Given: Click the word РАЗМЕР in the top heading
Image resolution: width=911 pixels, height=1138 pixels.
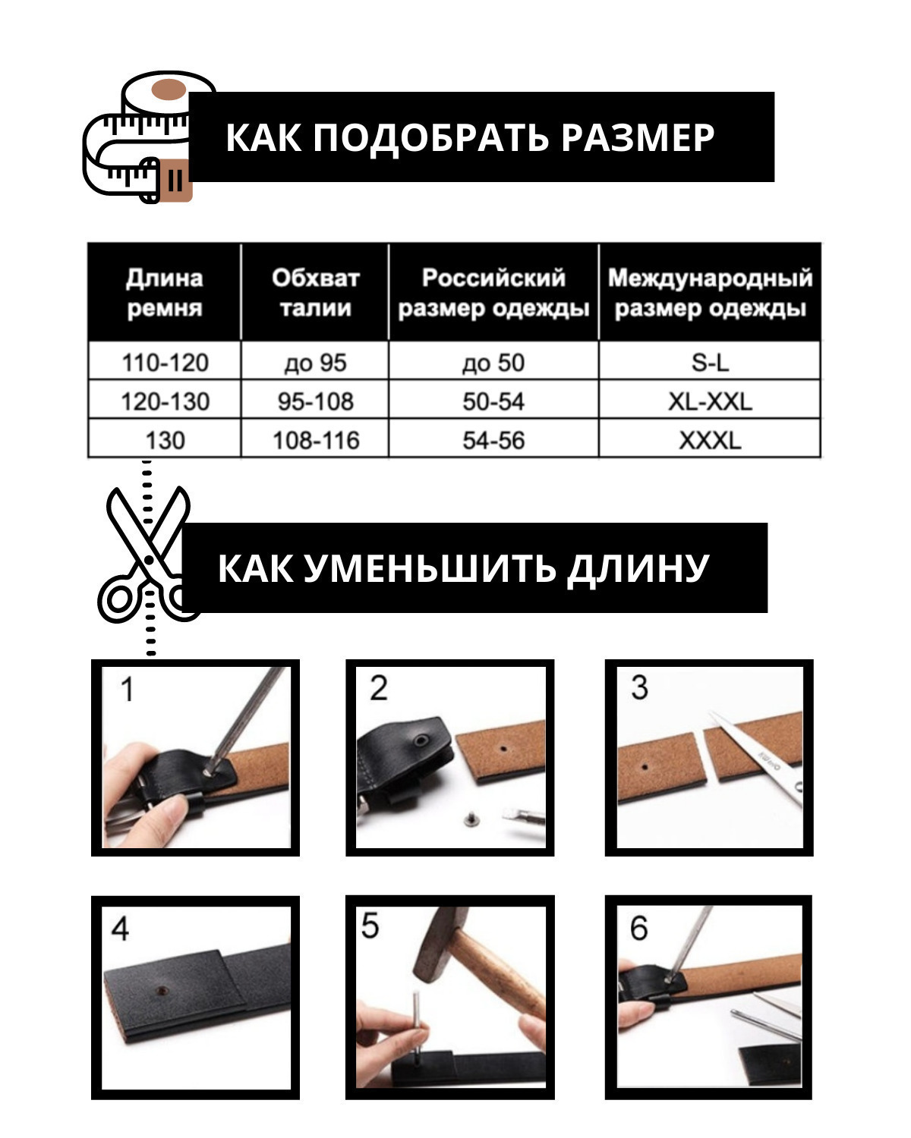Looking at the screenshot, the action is click(638, 137).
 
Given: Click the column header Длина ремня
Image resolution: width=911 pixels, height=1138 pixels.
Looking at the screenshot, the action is click(165, 292).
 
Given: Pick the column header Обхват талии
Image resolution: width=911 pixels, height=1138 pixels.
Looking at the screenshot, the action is click(316, 292).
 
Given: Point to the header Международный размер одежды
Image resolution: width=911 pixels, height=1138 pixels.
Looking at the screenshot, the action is click(710, 292).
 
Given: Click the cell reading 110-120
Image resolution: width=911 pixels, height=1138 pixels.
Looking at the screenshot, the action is click(165, 362).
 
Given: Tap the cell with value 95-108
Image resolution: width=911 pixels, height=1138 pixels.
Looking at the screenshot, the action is click(316, 401).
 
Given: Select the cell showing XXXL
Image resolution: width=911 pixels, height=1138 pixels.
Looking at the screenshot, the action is click(710, 440).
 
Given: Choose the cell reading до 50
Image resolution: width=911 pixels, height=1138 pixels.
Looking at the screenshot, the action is click(493, 363).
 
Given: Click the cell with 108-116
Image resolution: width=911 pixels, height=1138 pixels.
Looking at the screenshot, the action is click(316, 440).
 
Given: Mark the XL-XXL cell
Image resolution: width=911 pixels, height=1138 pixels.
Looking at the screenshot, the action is click(710, 401).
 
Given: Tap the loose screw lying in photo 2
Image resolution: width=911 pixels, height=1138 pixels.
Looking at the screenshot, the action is click(469, 819).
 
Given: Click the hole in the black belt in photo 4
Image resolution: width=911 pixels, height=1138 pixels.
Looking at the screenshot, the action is click(159, 989).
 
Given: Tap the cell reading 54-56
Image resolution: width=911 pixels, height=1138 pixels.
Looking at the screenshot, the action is click(493, 440).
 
